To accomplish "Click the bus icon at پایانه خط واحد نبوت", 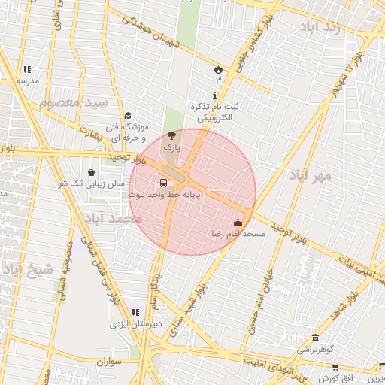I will pos(164,183).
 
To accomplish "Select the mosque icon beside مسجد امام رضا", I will pos(238,223).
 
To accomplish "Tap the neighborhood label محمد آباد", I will pos(113,218).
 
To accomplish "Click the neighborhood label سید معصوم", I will pos(74,102).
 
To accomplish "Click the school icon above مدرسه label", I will pos(28,69).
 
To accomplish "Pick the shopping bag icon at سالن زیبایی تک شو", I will pos(91,172).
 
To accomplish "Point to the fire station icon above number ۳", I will pos(218,69).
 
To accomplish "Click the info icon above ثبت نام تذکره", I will pos(216,95).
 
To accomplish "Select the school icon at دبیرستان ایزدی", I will pos(135,312).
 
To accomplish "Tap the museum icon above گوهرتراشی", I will pos(314,337).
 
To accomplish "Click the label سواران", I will pos(108,362).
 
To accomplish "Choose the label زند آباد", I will pos(330,28).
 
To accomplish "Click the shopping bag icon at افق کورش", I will pos(335,369).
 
